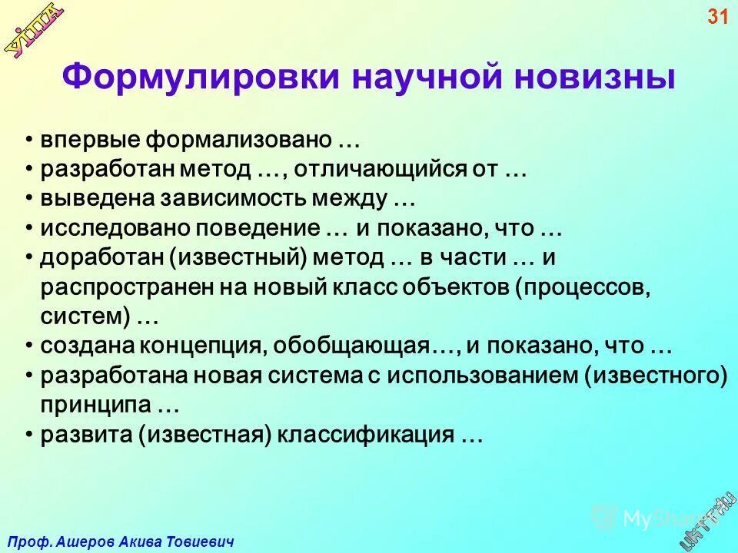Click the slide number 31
(716, 17)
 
